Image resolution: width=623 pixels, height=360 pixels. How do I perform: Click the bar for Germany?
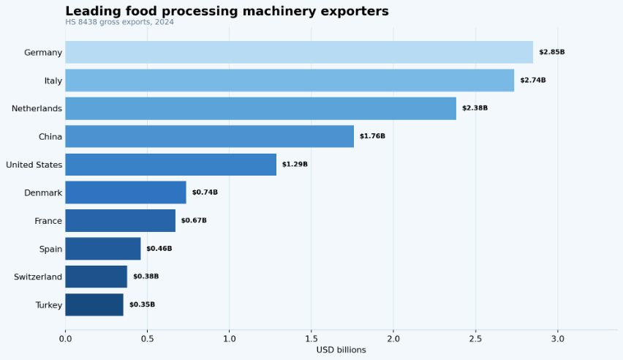point(299,52)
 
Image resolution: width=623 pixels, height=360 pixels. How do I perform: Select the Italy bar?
point(290,80)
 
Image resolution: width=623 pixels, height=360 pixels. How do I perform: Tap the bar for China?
point(209,136)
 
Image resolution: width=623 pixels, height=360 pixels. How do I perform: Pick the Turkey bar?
point(94,304)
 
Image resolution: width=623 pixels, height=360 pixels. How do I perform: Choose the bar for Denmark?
point(126,192)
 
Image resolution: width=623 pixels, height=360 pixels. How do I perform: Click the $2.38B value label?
point(475,108)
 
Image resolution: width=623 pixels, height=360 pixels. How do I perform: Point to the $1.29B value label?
point(295,165)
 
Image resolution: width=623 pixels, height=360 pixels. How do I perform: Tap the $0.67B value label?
point(194,220)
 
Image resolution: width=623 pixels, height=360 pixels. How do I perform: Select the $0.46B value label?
point(159,249)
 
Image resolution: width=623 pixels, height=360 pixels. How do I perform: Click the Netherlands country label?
point(37,108)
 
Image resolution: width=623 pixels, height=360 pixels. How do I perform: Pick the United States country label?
point(34,165)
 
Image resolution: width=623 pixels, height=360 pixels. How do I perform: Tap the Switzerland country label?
point(38,277)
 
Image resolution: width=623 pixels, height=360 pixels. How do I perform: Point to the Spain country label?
point(50,249)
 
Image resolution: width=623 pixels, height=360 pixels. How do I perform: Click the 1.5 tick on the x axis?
point(311,339)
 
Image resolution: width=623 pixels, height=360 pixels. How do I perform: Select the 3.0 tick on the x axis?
point(557,339)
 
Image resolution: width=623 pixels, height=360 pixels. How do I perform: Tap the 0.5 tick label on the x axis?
point(147,339)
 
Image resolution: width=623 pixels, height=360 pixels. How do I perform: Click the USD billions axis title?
point(341,350)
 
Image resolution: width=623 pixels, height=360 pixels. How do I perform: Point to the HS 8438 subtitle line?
point(120,22)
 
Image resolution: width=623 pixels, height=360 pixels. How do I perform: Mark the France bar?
point(121,221)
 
